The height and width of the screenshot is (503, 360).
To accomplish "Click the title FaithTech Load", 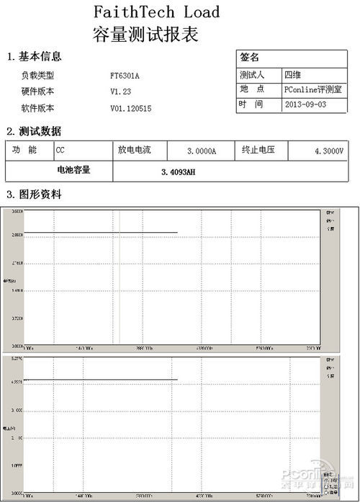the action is point(156,12).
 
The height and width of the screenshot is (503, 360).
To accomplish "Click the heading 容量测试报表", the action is point(146,34).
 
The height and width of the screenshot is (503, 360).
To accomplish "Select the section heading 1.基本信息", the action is point(34,56).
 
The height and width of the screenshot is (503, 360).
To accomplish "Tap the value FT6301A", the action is point(125,75).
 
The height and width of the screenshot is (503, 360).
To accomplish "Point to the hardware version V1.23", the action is point(120,92).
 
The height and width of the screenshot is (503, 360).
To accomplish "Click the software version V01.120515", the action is point(131,109).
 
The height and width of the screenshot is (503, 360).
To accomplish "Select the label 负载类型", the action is point(37,75).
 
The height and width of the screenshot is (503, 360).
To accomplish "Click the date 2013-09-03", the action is point(305,104).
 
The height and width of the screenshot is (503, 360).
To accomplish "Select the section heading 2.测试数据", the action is point(34,131).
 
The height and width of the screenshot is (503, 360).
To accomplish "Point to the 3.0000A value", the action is point(201,151).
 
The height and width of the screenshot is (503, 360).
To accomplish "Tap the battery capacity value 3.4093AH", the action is point(179,172).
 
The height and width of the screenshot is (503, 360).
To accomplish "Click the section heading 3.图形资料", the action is point(34,195).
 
